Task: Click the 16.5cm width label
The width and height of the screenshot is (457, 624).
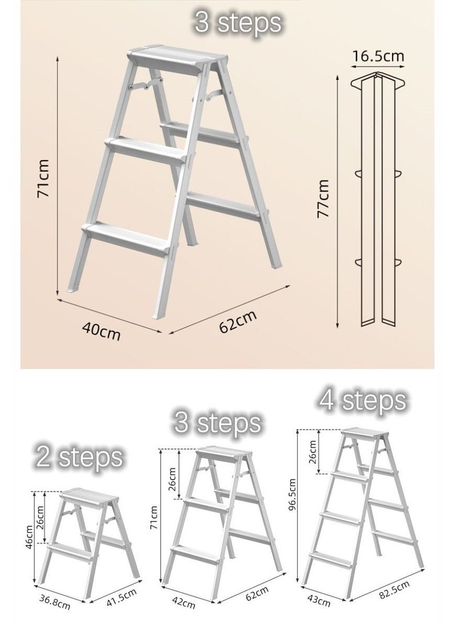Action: point(378,56)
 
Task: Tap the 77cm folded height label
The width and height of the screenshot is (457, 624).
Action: point(323,198)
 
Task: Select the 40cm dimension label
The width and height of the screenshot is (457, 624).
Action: point(101,331)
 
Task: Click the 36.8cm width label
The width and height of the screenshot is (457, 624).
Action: point(54,602)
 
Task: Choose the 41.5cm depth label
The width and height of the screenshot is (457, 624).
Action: point(121,598)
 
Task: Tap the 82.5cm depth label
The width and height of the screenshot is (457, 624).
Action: point(394,590)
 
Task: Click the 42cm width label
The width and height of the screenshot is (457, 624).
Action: point(183,602)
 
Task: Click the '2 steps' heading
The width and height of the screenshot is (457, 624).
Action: point(79,457)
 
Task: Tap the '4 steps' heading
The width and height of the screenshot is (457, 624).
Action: point(362,400)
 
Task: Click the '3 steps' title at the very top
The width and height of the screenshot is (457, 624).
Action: point(238,22)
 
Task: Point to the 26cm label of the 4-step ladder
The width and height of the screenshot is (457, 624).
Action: point(312,452)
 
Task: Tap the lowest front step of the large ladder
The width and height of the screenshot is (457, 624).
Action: point(126,239)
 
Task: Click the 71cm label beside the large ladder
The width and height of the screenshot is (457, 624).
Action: point(42,178)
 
